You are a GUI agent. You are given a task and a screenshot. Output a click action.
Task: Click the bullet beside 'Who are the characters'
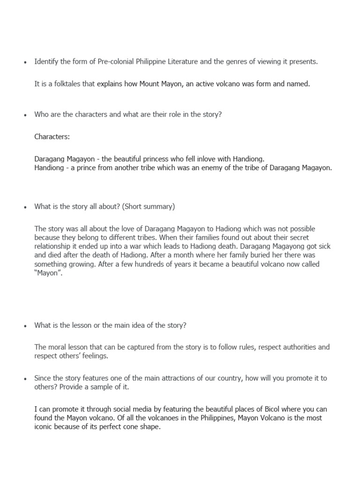(x=25, y=115)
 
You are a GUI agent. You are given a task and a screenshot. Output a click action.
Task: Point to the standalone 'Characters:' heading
(x=52, y=137)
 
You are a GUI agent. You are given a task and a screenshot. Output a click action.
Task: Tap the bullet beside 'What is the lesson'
(x=25, y=326)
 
